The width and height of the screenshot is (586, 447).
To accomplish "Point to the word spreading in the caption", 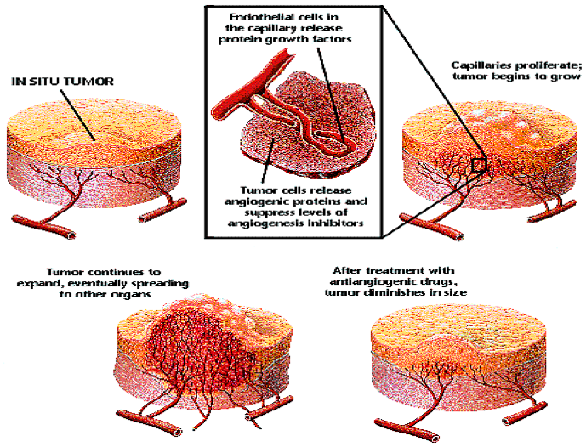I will [x=162, y=280].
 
